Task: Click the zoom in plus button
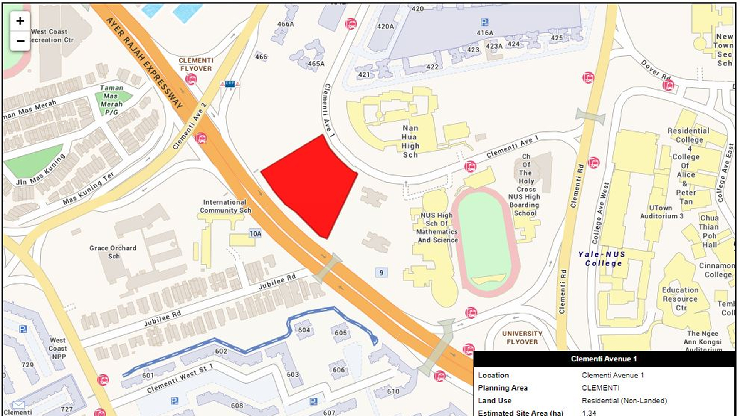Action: [x=20, y=21]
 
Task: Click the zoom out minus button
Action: [x=20, y=41]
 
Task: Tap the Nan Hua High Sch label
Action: [x=410, y=141]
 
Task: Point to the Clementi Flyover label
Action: [x=195, y=64]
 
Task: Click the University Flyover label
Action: [x=522, y=337]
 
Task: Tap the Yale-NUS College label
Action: [x=602, y=258]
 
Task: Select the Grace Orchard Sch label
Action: [x=113, y=252]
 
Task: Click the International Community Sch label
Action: [x=225, y=206]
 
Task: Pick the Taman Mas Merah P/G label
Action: [x=111, y=100]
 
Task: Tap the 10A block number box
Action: [x=255, y=233]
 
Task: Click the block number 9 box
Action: [x=381, y=273]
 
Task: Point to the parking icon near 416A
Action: [x=484, y=22]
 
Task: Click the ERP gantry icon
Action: [x=230, y=84]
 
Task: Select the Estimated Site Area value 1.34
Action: [x=589, y=413]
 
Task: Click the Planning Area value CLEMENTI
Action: [x=600, y=387]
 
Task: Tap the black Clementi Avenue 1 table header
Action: [x=604, y=359]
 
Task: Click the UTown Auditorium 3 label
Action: [x=661, y=212]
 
